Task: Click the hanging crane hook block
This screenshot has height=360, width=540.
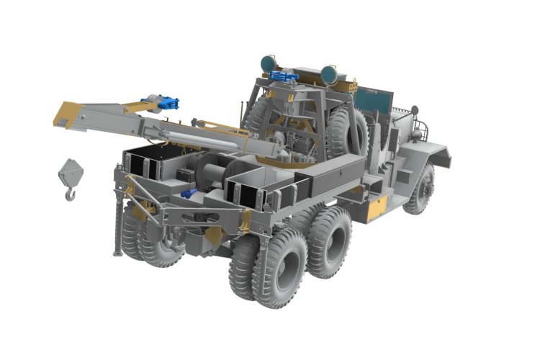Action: (71, 172)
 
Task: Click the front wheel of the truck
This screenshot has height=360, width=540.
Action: (420, 189)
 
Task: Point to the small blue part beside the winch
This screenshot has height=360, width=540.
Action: (189, 193)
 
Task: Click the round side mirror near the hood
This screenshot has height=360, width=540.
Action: (415, 110)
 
